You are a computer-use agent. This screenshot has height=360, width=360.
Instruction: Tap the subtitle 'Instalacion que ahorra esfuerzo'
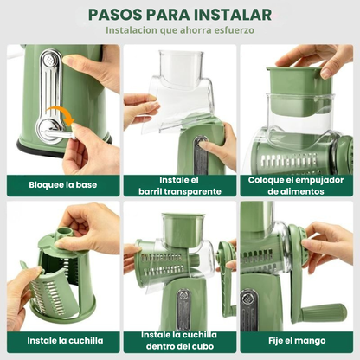click(x=180, y=30)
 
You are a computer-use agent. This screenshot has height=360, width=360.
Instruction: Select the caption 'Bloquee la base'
click(x=62, y=185)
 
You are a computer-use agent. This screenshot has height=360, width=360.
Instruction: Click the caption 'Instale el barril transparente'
click(x=179, y=185)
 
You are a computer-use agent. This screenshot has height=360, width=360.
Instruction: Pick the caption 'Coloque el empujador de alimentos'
click(x=297, y=185)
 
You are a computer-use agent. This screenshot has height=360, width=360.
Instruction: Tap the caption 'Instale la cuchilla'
click(x=62, y=341)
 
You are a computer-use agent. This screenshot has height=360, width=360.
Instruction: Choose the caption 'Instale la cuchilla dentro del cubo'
click(x=179, y=341)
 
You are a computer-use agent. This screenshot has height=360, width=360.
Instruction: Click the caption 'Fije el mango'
click(x=297, y=341)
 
